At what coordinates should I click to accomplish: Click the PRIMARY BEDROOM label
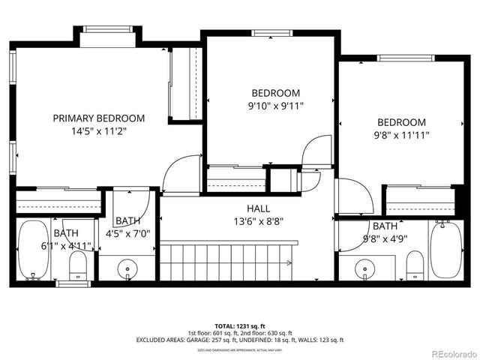point(99,118)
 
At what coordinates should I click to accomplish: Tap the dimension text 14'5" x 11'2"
point(99,130)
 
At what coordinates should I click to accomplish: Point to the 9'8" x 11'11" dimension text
point(401,136)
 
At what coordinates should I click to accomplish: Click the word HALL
point(258,208)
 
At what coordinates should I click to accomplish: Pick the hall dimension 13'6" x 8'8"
point(258,220)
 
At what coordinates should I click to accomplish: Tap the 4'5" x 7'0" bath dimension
point(128,233)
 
